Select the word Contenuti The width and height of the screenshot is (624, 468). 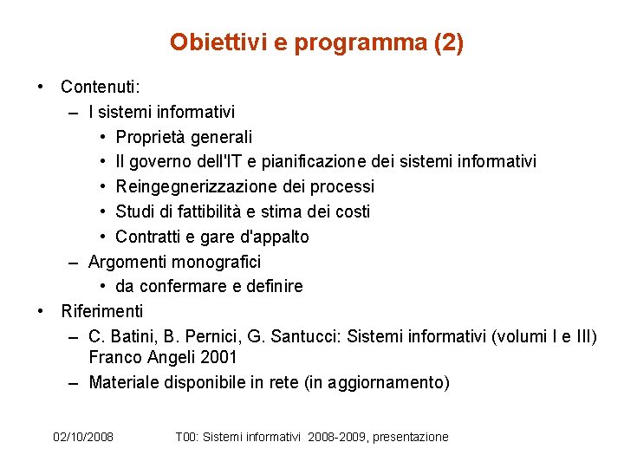101,87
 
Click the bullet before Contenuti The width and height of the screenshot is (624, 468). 40,87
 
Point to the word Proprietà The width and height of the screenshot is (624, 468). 151,137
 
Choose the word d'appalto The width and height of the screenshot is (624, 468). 269,237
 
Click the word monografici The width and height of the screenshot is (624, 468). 217,261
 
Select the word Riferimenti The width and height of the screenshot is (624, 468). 102,310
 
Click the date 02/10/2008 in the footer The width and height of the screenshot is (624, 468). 83,437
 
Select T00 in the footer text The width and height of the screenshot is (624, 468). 185,437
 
